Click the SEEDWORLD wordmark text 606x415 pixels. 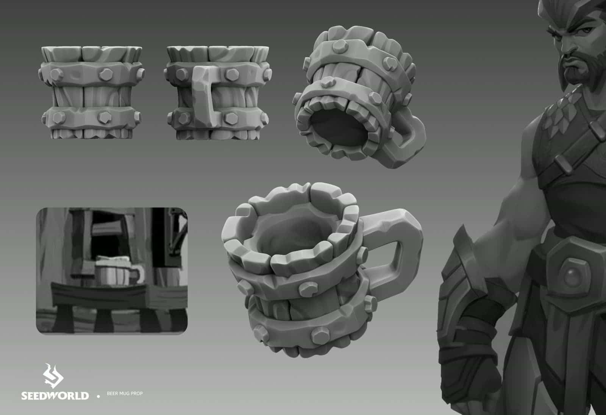[55, 396]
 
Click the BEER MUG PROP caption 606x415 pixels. [125, 394]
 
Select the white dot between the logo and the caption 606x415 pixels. [99, 396]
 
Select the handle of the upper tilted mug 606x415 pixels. [409, 140]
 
